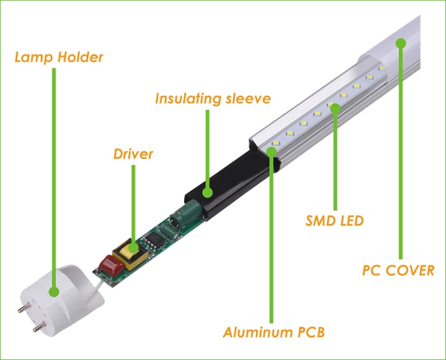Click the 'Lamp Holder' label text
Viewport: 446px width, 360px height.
[59, 58]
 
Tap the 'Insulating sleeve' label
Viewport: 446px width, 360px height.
[213, 98]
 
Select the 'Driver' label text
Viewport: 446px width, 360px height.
[133, 154]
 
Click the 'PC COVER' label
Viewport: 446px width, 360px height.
[398, 270]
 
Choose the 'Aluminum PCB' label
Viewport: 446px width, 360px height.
[274, 331]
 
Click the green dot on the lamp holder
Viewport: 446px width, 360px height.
[54, 292]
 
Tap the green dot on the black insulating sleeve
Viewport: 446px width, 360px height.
[208, 192]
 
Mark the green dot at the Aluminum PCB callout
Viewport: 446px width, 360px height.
[272, 151]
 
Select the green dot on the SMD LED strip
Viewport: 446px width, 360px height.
[335, 108]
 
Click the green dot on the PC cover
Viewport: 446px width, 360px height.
[401, 43]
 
